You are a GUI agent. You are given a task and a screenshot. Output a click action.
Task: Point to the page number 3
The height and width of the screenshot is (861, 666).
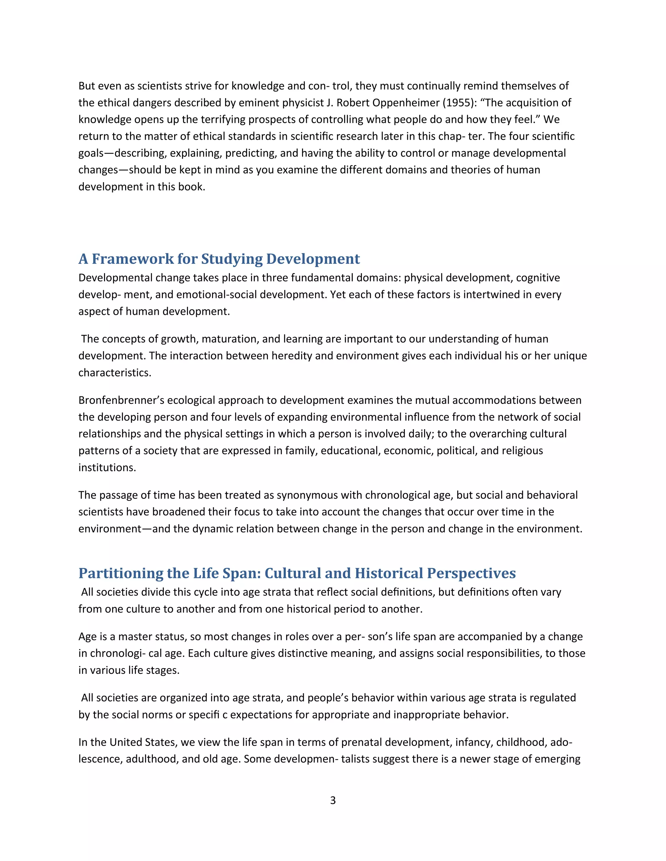[x=333, y=800]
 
